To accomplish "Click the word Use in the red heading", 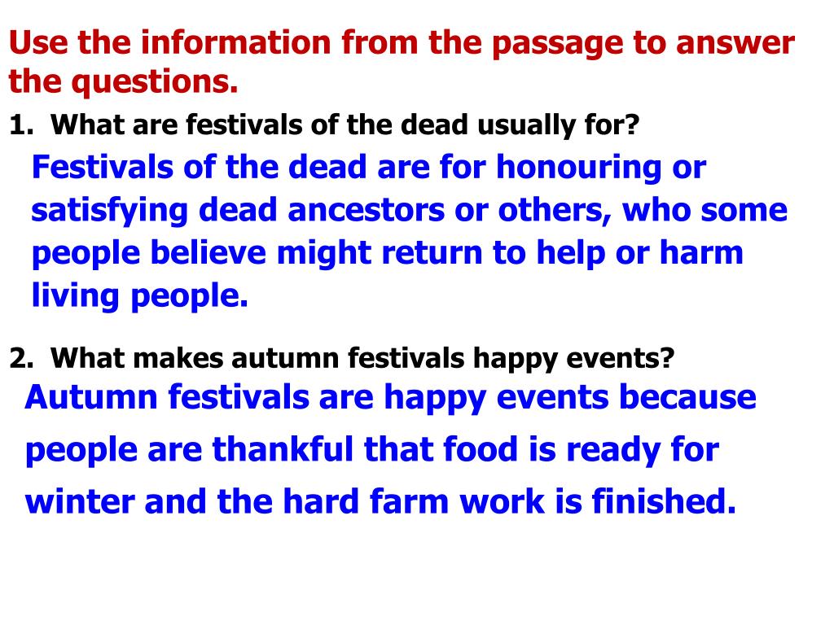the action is (39, 42).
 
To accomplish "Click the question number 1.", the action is (21, 125).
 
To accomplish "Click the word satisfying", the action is (110, 211).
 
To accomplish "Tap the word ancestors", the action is (367, 211).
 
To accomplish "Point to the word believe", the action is (208, 252).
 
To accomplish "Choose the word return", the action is (432, 253).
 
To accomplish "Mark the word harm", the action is (701, 252).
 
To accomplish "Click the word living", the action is (75, 296).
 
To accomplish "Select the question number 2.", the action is (21, 358).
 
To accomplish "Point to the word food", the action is (481, 449).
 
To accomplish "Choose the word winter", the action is (80, 501).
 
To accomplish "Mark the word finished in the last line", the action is (664, 500).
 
